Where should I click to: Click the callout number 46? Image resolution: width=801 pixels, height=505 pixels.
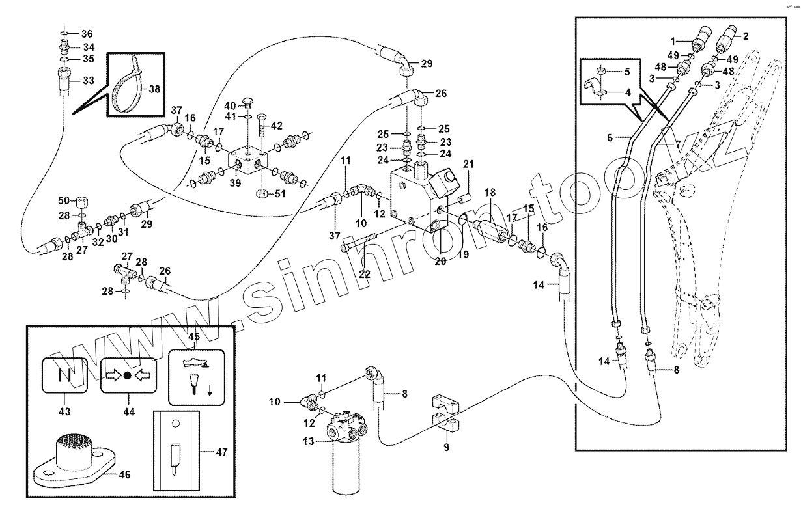(x=124, y=475)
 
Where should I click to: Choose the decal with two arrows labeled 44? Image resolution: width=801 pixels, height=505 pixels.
(x=128, y=376)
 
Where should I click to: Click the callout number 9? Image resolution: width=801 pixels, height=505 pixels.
(x=446, y=447)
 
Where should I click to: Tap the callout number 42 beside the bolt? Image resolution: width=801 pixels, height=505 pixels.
(x=277, y=126)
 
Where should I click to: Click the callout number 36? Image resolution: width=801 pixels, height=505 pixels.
(x=87, y=34)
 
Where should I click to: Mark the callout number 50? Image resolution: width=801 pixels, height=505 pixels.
(x=64, y=200)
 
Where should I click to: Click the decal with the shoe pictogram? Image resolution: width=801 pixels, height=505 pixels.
(x=195, y=378)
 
